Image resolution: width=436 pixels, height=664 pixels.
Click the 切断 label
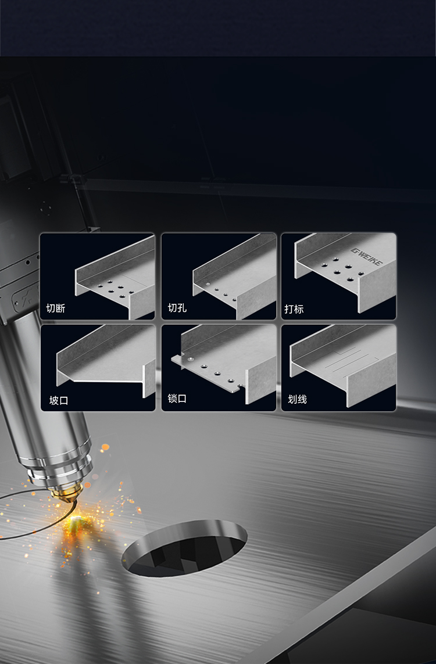click(x=55, y=308)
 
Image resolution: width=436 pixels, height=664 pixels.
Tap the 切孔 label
click(x=177, y=308)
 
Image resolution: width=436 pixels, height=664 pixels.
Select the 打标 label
click(x=294, y=309)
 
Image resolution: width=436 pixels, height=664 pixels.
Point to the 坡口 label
click(x=59, y=401)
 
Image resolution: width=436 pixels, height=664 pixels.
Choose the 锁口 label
click(x=177, y=399)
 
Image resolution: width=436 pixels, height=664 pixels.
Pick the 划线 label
click(x=298, y=399)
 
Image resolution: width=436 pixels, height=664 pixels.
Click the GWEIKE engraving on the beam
click(x=366, y=256)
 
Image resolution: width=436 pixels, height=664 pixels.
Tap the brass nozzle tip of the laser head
click(x=63, y=496)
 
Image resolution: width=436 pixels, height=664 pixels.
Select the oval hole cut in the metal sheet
click(x=185, y=548)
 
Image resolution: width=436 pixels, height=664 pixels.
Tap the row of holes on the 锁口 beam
click(x=216, y=372)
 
